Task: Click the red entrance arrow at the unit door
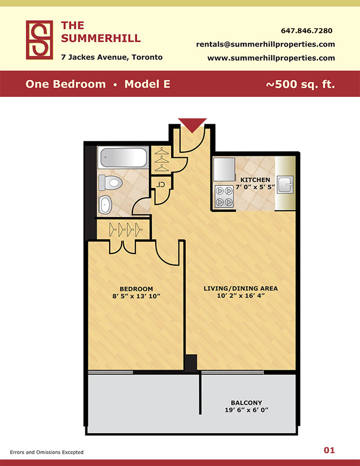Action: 192,124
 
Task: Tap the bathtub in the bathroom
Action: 124,157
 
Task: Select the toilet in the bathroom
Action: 110,182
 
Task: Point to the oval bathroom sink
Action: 105,205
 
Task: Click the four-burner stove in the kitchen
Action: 224,196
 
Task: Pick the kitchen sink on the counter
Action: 285,184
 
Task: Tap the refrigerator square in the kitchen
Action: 224,169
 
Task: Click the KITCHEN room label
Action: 255,180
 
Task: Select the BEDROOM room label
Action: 136,289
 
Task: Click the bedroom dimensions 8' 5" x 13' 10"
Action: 136,296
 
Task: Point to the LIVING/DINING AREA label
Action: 241,288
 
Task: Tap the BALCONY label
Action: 246,403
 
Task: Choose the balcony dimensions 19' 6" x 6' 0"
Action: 246,410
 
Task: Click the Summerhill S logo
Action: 39,40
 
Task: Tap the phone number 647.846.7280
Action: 307,31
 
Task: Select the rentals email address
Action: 265,45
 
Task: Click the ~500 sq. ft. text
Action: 301,84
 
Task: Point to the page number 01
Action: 329,450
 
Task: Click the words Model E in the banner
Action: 147,84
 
